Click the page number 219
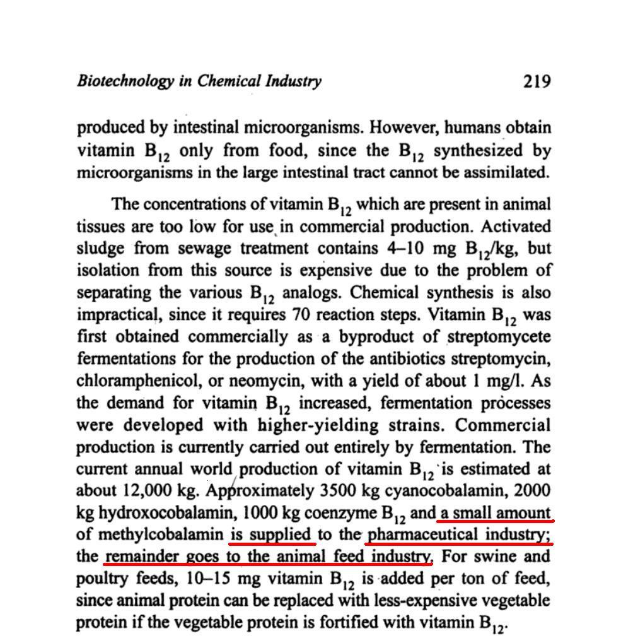[x=537, y=81]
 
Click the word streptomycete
[x=499, y=336]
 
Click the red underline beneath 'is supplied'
[x=272, y=543]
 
